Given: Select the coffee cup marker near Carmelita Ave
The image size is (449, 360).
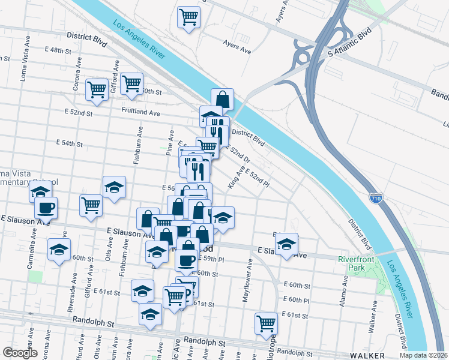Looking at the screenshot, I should [46, 208].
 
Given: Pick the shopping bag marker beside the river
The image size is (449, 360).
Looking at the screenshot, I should [222, 99].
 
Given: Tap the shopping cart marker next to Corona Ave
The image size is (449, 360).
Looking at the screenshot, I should [96, 89].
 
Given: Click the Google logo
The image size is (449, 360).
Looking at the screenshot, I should [20, 353].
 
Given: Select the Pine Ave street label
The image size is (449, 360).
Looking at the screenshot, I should [170, 143].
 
